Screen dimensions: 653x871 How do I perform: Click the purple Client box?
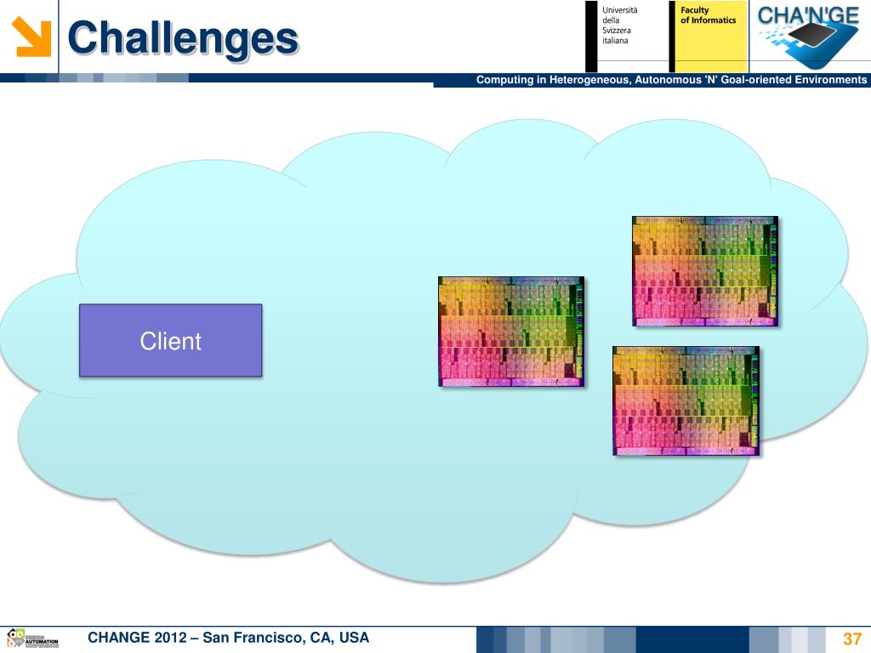170,340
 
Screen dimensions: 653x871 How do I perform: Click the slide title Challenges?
183,38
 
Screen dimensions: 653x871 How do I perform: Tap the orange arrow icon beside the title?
32,37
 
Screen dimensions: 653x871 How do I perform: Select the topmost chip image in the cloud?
704,270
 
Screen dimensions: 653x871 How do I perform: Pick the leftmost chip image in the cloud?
510,332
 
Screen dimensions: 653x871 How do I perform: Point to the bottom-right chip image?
686,400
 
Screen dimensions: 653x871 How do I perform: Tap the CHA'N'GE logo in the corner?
808,36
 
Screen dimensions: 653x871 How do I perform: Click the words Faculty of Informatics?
708,15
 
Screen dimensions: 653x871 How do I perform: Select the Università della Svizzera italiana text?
619,26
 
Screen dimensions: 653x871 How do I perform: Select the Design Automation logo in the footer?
32,639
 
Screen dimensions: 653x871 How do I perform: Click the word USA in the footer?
353,638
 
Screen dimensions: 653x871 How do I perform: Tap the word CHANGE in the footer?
119,638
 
